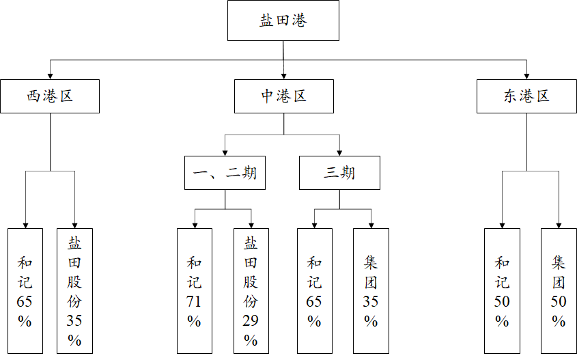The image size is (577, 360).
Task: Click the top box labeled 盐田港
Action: tap(283, 20)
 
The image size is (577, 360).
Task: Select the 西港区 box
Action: tap(50, 96)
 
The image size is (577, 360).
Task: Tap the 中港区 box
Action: tap(284, 96)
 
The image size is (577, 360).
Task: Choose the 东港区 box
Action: tap(526, 96)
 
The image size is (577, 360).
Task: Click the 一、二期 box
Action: tap(225, 173)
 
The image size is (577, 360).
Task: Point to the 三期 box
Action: tap(339, 173)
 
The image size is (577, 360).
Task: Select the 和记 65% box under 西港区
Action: tap(25, 290)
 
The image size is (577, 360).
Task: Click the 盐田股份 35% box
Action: tap(74, 290)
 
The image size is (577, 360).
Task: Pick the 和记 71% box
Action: tap(195, 290)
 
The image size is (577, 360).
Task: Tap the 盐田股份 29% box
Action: tap(251, 290)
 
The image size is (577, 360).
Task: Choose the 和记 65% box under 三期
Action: tap(315, 290)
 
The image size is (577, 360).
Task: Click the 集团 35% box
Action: tap(371, 290)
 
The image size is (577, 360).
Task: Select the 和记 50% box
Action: tap(502, 290)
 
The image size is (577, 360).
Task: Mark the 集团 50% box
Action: tap(559, 290)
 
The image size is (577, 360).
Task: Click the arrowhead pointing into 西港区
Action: tap(50, 75)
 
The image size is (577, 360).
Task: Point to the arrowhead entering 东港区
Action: tap(526, 75)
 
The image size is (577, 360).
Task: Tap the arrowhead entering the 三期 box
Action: tap(339, 152)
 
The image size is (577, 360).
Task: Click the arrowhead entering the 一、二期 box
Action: tap(225, 152)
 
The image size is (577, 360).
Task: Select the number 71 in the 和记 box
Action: tap(195, 301)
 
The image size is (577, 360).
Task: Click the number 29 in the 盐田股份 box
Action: tap(251, 320)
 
